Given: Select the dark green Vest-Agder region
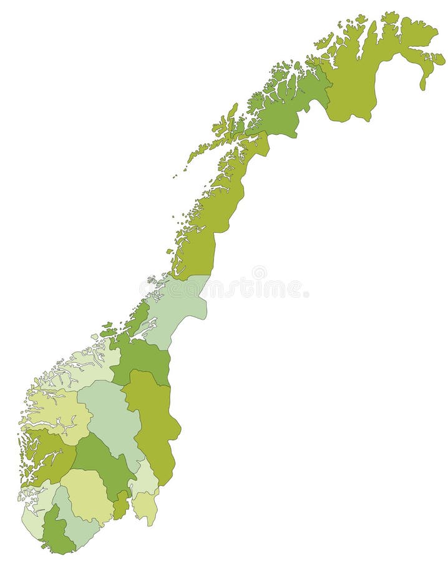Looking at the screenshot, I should (56, 534).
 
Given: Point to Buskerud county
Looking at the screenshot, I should (103, 462).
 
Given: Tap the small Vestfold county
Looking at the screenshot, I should (122, 506).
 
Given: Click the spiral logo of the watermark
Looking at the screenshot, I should (259, 273).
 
